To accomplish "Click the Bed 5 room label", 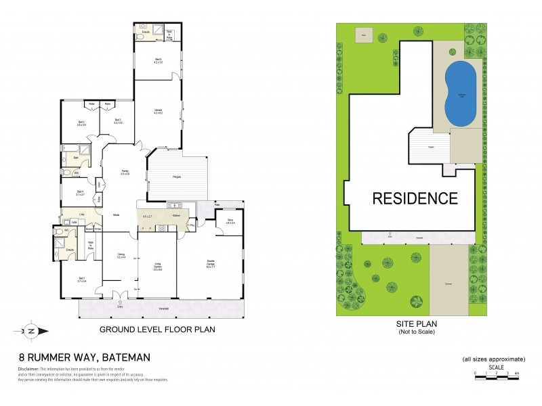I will tap(158, 61).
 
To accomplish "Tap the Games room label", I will tap(159, 111).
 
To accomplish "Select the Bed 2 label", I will tap(81, 122).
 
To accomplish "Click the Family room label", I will tap(125, 173).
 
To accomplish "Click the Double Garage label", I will tap(211, 264).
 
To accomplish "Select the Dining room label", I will tap(121, 256).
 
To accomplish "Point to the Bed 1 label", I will tap(81, 279).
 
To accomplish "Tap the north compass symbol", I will tap(31, 331).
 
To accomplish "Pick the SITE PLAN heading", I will tap(414, 324).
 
